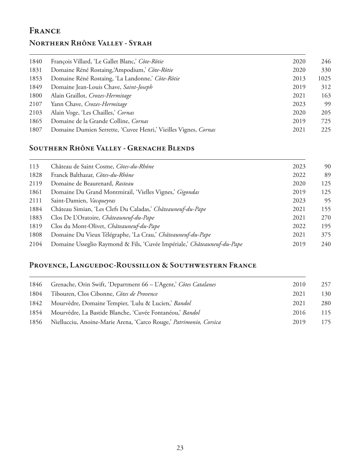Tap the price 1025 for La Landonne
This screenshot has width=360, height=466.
pos(324,79)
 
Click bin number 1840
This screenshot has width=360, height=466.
pos(36,62)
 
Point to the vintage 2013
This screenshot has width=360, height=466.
pos(299,79)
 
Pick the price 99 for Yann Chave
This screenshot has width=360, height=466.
pos(326,104)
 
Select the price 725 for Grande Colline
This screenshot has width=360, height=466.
pos(326,121)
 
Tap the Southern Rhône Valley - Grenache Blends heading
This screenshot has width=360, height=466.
pos(112,148)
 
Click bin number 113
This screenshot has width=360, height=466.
pos(34,167)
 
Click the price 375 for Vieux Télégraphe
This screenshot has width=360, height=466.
pos(326,235)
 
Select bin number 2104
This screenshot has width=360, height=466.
pos(36,244)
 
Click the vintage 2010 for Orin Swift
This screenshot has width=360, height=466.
pos(299,285)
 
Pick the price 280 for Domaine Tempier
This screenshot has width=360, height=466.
pos(326,303)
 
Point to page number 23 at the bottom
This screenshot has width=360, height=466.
pos(180,448)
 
